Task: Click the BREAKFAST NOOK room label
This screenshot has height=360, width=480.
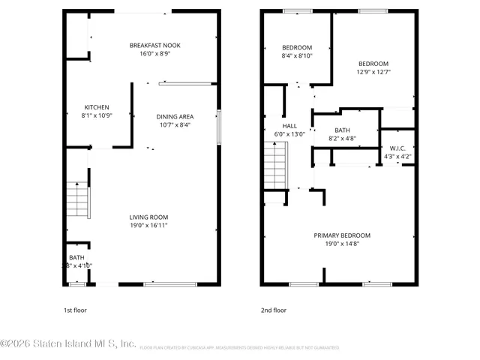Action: [154, 45]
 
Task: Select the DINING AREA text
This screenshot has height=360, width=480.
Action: [175, 116]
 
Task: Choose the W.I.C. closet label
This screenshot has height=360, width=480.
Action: [397, 148]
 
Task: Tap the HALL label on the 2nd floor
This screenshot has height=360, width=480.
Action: [289, 126]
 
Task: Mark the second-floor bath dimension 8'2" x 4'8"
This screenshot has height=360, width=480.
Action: [341, 138]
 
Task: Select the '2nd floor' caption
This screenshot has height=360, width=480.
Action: [274, 310]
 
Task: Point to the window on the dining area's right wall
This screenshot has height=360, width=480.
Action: [218, 124]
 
